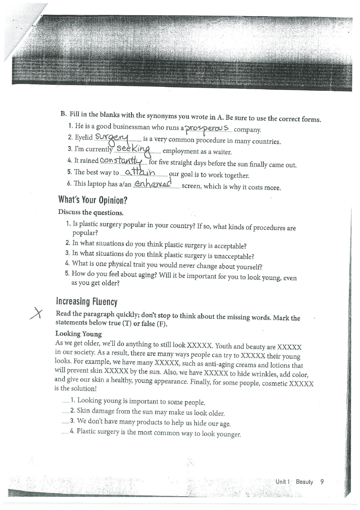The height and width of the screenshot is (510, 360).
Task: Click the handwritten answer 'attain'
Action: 140,173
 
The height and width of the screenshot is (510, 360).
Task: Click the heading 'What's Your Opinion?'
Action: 90,200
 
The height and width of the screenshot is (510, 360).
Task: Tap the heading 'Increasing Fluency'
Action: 87,301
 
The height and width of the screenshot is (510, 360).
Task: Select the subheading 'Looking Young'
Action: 78,334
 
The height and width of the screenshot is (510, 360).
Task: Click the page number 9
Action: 322,481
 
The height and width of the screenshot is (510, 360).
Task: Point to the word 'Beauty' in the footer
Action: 304,482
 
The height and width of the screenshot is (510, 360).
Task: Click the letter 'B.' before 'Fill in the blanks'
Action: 63,114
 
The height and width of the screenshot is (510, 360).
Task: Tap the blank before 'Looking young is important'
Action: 66,401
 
